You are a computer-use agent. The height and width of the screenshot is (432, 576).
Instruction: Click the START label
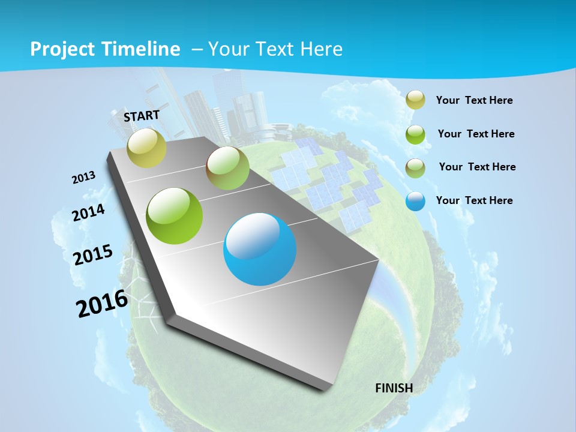(x=142, y=116)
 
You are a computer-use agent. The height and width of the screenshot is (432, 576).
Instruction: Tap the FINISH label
(x=394, y=388)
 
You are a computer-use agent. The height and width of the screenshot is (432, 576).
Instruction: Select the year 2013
(x=84, y=178)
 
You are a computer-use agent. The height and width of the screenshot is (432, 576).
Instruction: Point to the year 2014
(x=89, y=212)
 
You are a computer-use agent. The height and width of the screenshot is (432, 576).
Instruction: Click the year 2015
(x=93, y=254)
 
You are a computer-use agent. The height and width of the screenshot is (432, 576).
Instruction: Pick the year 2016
(x=102, y=303)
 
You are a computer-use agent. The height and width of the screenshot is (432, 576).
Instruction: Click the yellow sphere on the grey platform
(x=146, y=148)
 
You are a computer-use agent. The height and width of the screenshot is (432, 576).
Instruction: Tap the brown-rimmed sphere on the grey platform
(x=227, y=168)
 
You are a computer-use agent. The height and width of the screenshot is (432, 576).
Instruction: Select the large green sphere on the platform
(x=175, y=216)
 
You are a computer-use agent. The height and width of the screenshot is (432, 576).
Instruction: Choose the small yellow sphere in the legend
(x=415, y=100)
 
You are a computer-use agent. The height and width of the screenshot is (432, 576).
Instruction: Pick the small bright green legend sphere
(x=415, y=134)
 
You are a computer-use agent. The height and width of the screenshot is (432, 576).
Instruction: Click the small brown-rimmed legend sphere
(x=415, y=168)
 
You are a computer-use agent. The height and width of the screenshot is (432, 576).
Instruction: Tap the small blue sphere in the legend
(x=415, y=201)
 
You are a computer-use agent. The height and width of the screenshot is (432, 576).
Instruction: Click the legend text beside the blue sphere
(x=474, y=200)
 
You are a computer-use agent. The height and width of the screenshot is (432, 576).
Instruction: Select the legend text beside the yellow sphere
(x=474, y=100)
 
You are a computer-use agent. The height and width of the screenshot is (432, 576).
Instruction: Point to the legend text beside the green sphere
(x=476, y=134)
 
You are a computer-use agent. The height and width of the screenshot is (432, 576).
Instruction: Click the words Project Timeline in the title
(x=105, y=49)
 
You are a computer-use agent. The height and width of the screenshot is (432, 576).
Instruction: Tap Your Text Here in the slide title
(x=275, y=49)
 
